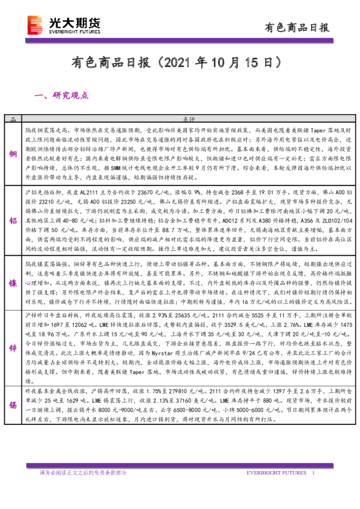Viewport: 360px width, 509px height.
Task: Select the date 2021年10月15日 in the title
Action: tap(223, 62)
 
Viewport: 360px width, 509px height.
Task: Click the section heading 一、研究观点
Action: tap(63, 96)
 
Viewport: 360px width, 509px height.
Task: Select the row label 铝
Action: tap(13, 221)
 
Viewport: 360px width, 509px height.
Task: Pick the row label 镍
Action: tap(13, 283)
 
